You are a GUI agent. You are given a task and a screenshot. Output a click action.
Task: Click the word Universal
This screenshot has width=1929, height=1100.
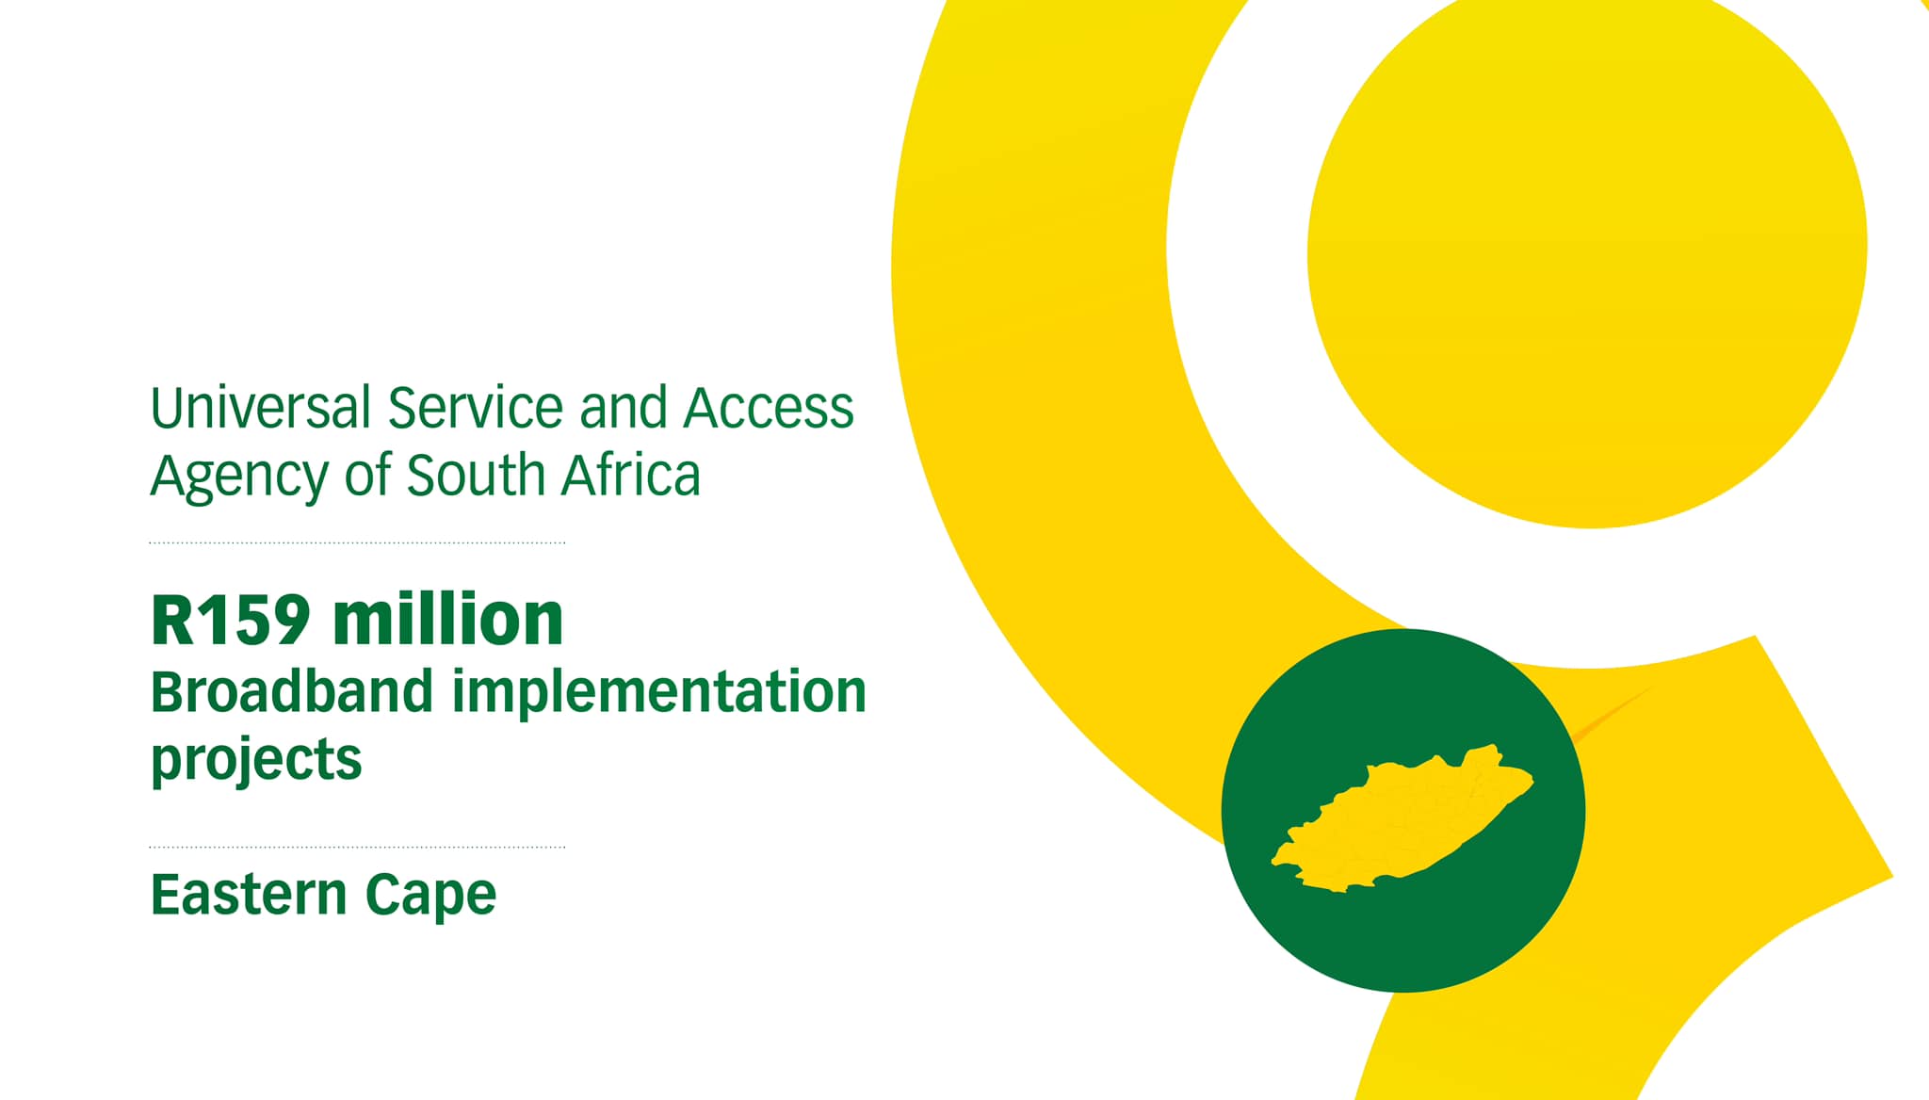pyautogui.click(x=261, y=407)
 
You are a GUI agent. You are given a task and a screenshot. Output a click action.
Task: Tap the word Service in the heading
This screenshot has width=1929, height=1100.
pyautogui.click(x=476, y=407)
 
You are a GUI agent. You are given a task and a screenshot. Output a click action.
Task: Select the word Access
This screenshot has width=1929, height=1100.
pyautogui.click(x=769, y=408)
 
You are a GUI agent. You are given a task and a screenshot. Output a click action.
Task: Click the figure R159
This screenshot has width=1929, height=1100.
pyautogui.click(x=231, y=620)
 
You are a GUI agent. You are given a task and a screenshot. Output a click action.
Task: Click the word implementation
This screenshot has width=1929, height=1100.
pyautogui.click(x=659, y=691)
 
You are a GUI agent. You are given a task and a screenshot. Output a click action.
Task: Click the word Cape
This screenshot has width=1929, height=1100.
pyautogui.click(x=430, y=896)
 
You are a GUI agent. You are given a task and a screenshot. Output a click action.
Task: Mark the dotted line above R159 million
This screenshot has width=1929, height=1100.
pyautogui.click(x=357, y=543)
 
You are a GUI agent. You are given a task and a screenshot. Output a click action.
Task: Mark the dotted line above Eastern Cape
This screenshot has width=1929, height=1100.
pyautogui.click(x=357, y=848)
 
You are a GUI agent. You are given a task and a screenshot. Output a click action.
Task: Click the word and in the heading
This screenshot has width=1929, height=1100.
pyautogui.click(x=623, y=407)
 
